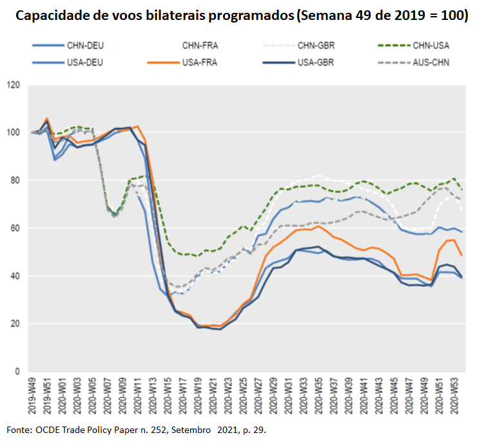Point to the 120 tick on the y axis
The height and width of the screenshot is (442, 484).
coord(14,85)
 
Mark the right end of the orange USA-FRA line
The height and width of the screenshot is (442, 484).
coord(461,255)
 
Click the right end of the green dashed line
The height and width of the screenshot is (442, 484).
coord(461,190)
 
